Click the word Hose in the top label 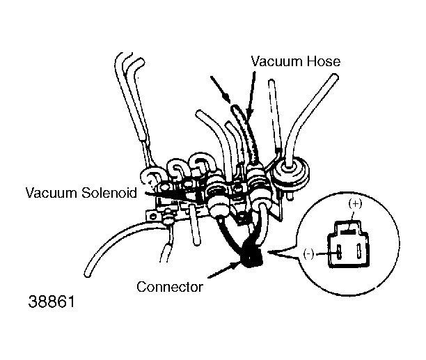click(x=324, y=61)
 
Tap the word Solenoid click(x=109, y=193)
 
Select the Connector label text click(x=170, y=287)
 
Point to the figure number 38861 click(x=52, y=302)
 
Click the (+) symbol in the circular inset click(x=355, y=204)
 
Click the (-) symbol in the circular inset click(x=308, y=254)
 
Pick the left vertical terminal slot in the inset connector click(x=339, y=252)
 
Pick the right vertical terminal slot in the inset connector click(x=358, y=251)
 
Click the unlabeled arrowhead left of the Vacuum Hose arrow click(x=227, y=97)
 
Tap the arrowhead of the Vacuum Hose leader click(x=250, y=114)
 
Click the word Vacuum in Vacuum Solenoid click(x=52, y=193)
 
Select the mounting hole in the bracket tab click(x=153, y=217)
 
